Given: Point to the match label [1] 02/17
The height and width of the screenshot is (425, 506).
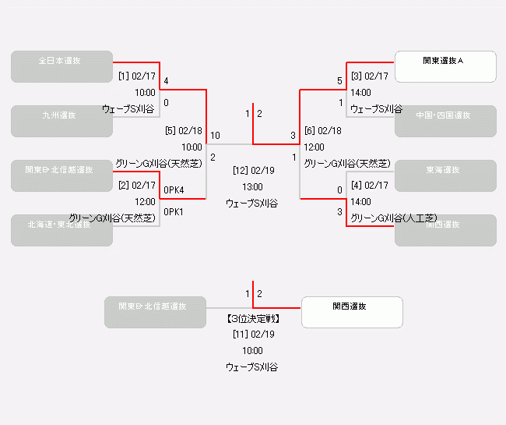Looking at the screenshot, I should (137, 76).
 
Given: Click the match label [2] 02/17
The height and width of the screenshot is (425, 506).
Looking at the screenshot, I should (137, 186).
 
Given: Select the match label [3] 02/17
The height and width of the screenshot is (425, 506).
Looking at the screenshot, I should (369, 76).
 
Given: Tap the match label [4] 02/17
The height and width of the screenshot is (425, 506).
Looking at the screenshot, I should (369, 186).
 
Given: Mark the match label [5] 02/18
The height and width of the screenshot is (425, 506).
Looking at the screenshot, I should (184, 131).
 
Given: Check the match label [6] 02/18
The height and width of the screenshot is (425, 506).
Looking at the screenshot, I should (322, 131).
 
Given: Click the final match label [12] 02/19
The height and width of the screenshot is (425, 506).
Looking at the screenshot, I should (253, 170).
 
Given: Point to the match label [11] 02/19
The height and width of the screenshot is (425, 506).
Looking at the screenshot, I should (253, 334).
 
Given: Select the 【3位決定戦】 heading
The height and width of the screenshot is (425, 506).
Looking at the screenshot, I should (253, 318).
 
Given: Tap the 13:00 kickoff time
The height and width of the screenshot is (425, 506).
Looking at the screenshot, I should (253, 187).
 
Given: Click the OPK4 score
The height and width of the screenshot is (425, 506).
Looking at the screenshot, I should (174, 190).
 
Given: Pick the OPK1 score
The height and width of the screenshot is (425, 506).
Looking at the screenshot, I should (174, 212).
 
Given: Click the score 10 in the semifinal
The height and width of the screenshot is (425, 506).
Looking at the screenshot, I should (215, 136).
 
